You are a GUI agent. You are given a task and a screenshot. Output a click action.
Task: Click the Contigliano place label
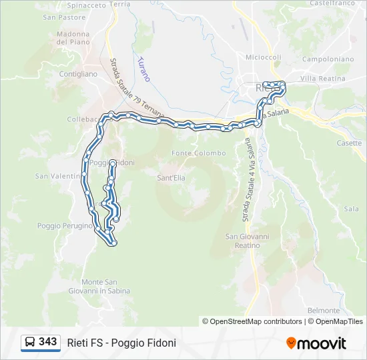coord(79,74)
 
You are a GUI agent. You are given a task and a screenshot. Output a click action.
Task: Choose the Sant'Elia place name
coord(171,178)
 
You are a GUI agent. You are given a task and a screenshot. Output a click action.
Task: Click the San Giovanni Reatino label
coord(247,241)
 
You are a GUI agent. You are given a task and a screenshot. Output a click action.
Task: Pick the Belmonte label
coord(324,311)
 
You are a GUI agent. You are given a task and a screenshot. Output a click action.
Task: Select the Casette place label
coord(350,143)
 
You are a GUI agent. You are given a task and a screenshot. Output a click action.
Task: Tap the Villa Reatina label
coord(323,79)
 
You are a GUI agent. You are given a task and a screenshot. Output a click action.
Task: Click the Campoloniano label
coord(328,59)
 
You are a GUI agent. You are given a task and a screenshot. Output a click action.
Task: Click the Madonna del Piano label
coord(73,38)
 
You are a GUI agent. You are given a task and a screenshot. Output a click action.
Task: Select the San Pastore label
coord(64,17)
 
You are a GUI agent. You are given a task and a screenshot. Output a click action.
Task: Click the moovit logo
coord(316,343)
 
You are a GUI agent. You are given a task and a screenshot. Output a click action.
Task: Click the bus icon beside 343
coord(30,342)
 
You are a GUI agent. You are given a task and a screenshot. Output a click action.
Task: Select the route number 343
coord(47,341)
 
